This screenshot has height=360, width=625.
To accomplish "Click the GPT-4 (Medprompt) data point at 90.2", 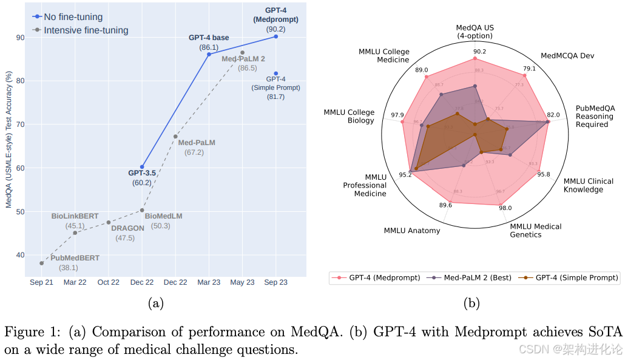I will [x=276, y=36].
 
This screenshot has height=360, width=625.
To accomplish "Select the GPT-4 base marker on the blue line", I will [x=209, y=54].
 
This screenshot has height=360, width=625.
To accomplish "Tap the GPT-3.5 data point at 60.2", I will [x=142, y=166].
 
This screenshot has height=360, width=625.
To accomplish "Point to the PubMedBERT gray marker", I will [x=41, y=263].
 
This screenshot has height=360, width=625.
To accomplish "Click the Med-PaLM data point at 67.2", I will [x=175, y=137].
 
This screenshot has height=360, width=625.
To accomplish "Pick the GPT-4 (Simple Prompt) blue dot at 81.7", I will [x=276, y=73].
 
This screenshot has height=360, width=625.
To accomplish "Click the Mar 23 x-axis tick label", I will [x=209, y=282].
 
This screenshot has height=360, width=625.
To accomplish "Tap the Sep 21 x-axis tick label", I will [x=41, y=282].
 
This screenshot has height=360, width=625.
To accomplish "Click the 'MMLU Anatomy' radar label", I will [x=412, y=231].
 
